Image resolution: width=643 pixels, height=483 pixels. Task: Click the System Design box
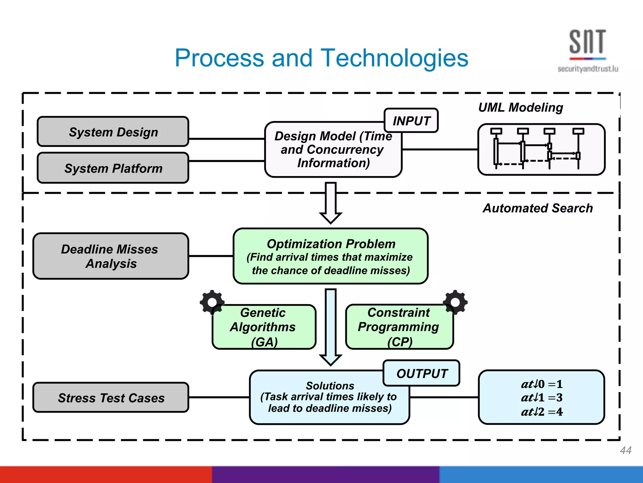pyautogui.click(x=113, y=132)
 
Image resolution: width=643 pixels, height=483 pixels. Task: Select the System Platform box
pyautogui.click(x=113, y=168)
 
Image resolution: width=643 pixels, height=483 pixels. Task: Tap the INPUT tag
pyautogui.click(x=411, y=121)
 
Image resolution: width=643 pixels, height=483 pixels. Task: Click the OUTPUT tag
pyautogui.click(x=422, y=374)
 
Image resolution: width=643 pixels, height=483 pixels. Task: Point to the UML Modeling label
pyautogui.click(x=520, y=108)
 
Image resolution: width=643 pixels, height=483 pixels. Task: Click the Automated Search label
pyautogui.click(x=538, y=208)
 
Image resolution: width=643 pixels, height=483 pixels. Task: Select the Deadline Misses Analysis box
pyautogui.click(x=111, y=256)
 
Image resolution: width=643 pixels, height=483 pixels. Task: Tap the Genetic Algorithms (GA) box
pyautogui.click(x=264, y=327)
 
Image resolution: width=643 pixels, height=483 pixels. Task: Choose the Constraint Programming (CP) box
pyautogui.click(x=399, y=327)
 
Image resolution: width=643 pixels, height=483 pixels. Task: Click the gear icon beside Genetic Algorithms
pyautogui.click(x=212, y=302)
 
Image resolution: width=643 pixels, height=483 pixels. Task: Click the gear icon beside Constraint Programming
pyautogui.click(x=455, y=302)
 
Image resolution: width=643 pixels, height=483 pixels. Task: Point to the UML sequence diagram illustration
pyautogui.click(x=541, y=149)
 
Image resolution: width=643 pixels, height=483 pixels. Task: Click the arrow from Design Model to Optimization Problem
pyautogui.click(x=331, y=203)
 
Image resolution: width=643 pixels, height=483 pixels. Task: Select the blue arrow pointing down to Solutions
pyautogui.click(x=331, y=327)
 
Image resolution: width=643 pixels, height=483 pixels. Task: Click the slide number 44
pyautogui.click(x=625, y=450)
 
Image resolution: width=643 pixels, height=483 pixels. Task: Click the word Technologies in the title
pyautogui.click(x=395, y=58)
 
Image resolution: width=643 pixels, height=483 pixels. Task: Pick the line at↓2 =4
pyautogui.click(x=542, y=412)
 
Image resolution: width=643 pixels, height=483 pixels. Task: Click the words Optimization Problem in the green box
pyautogui.click(x=331, y=244)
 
